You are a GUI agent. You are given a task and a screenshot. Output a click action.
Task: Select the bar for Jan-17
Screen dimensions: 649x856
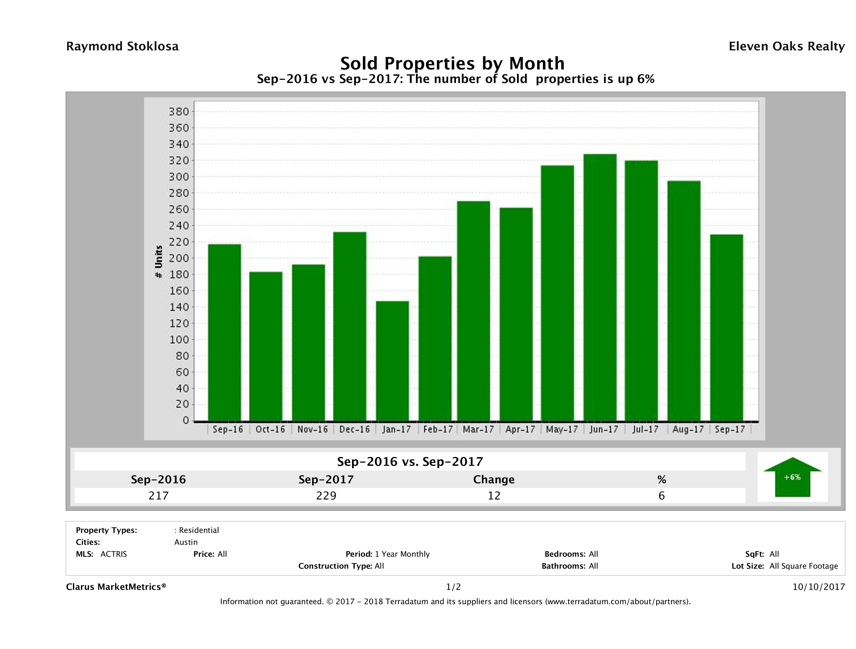(x=392, y=361)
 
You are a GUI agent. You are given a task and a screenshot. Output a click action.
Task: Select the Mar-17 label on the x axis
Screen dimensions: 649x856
(x=478, y=429)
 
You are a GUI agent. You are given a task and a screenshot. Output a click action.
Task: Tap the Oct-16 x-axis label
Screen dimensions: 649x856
(x=270, y=429)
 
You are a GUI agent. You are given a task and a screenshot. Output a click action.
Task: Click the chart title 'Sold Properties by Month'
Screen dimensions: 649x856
(x=452, y=63)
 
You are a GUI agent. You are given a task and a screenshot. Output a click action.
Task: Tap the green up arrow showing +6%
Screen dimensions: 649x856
(x=792, y=477)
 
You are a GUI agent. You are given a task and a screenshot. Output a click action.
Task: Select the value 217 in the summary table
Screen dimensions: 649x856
(x=158, y=495)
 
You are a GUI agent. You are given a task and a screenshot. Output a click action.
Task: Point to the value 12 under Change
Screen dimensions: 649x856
(x=494, y=495)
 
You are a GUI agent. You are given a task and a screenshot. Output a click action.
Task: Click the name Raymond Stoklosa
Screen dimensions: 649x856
(x=122, y=46)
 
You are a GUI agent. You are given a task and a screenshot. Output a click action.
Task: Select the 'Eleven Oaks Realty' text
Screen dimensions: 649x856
(x=786, y=46)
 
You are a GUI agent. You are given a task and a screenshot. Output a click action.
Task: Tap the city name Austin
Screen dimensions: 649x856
(x=186, y=542)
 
